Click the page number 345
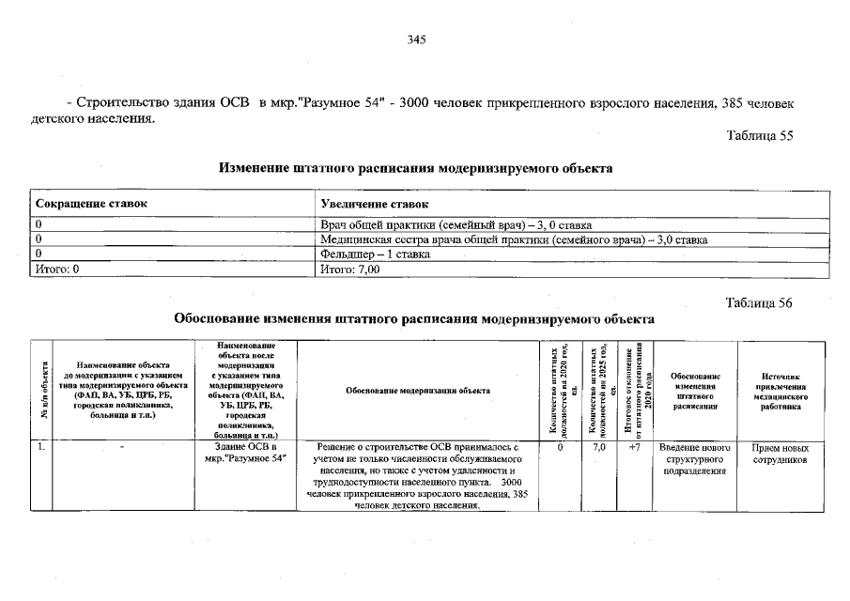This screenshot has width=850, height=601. tap(417, 39)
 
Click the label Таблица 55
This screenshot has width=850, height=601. tap(760, 135)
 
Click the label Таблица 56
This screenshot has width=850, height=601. tap(760, 302)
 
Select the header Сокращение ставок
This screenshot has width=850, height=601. tap(91, 204)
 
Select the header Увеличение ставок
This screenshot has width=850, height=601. tap(374, 204)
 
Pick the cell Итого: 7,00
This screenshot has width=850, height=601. tap(349, 269)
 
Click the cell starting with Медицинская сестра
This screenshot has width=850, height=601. tap(514, 240)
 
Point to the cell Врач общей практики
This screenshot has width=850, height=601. tap(456, 226)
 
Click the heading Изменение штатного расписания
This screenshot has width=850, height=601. tap(415, 169)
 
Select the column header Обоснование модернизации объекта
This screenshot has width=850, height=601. tap(417, 390)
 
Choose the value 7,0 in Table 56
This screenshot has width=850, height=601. tap(599, 449)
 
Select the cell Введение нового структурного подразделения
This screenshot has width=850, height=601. tap(695, 460)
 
